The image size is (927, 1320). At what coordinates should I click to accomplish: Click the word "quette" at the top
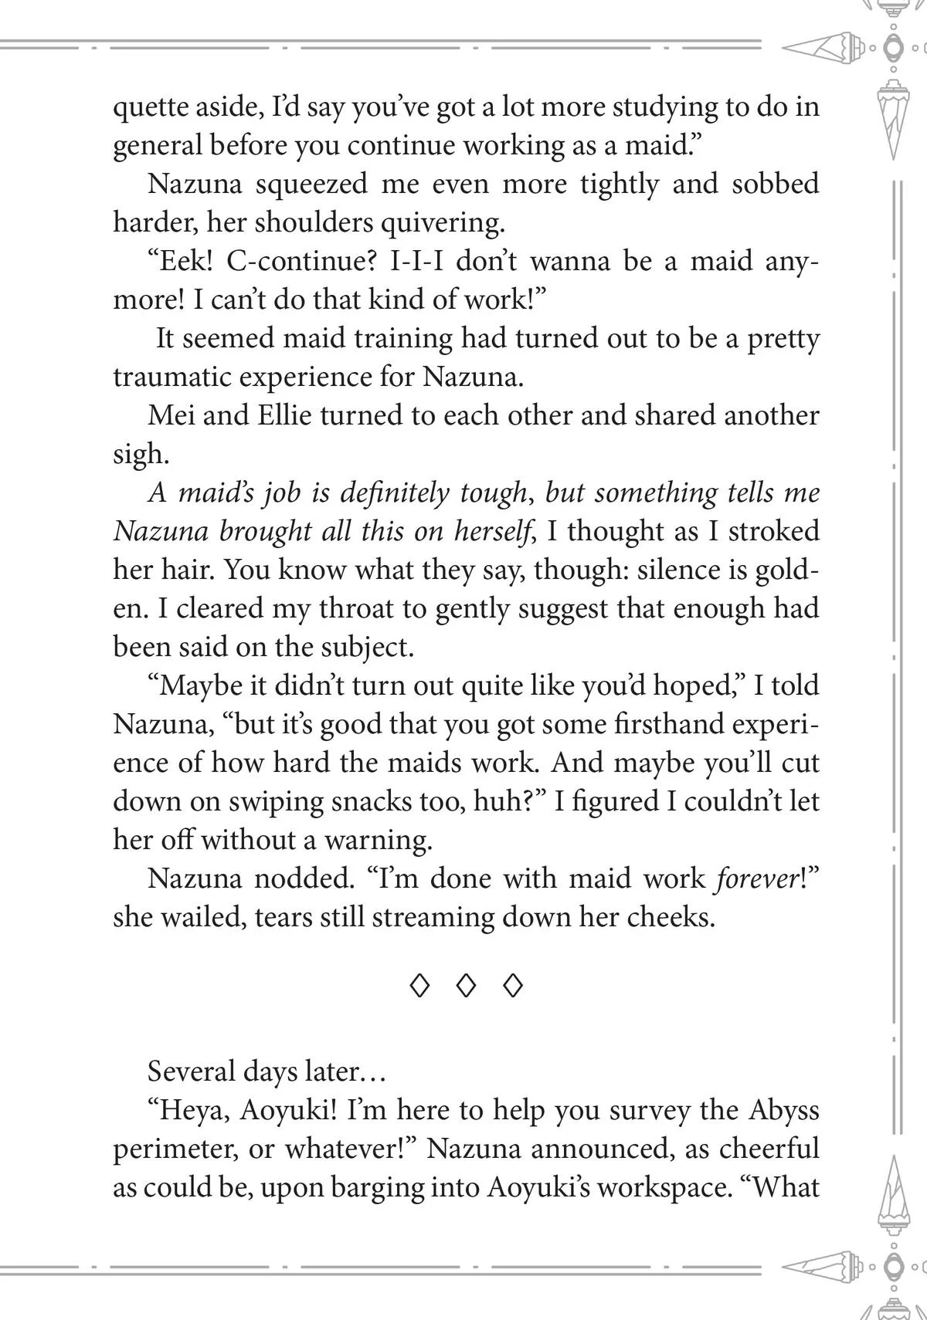point(150,108)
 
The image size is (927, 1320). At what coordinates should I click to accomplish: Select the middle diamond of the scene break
point(465,986)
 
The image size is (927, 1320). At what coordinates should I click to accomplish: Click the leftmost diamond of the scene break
point(418,986)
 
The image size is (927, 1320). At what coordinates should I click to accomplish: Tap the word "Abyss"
point(783,1110)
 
